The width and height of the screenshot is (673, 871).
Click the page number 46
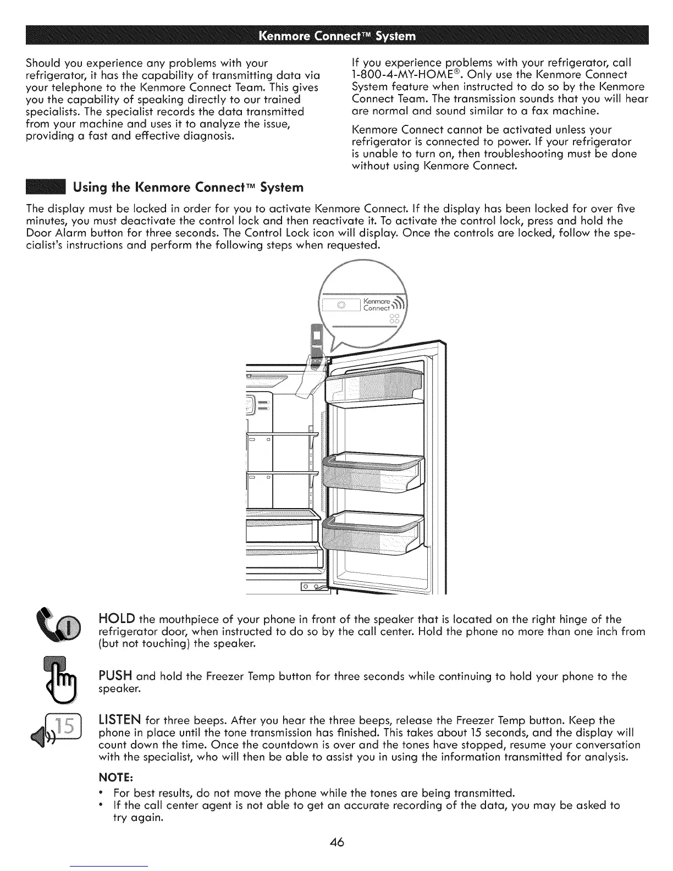pyautogui.click(x=336, y=843)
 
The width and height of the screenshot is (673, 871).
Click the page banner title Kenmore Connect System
pyautogui.click(x=336, y=37)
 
